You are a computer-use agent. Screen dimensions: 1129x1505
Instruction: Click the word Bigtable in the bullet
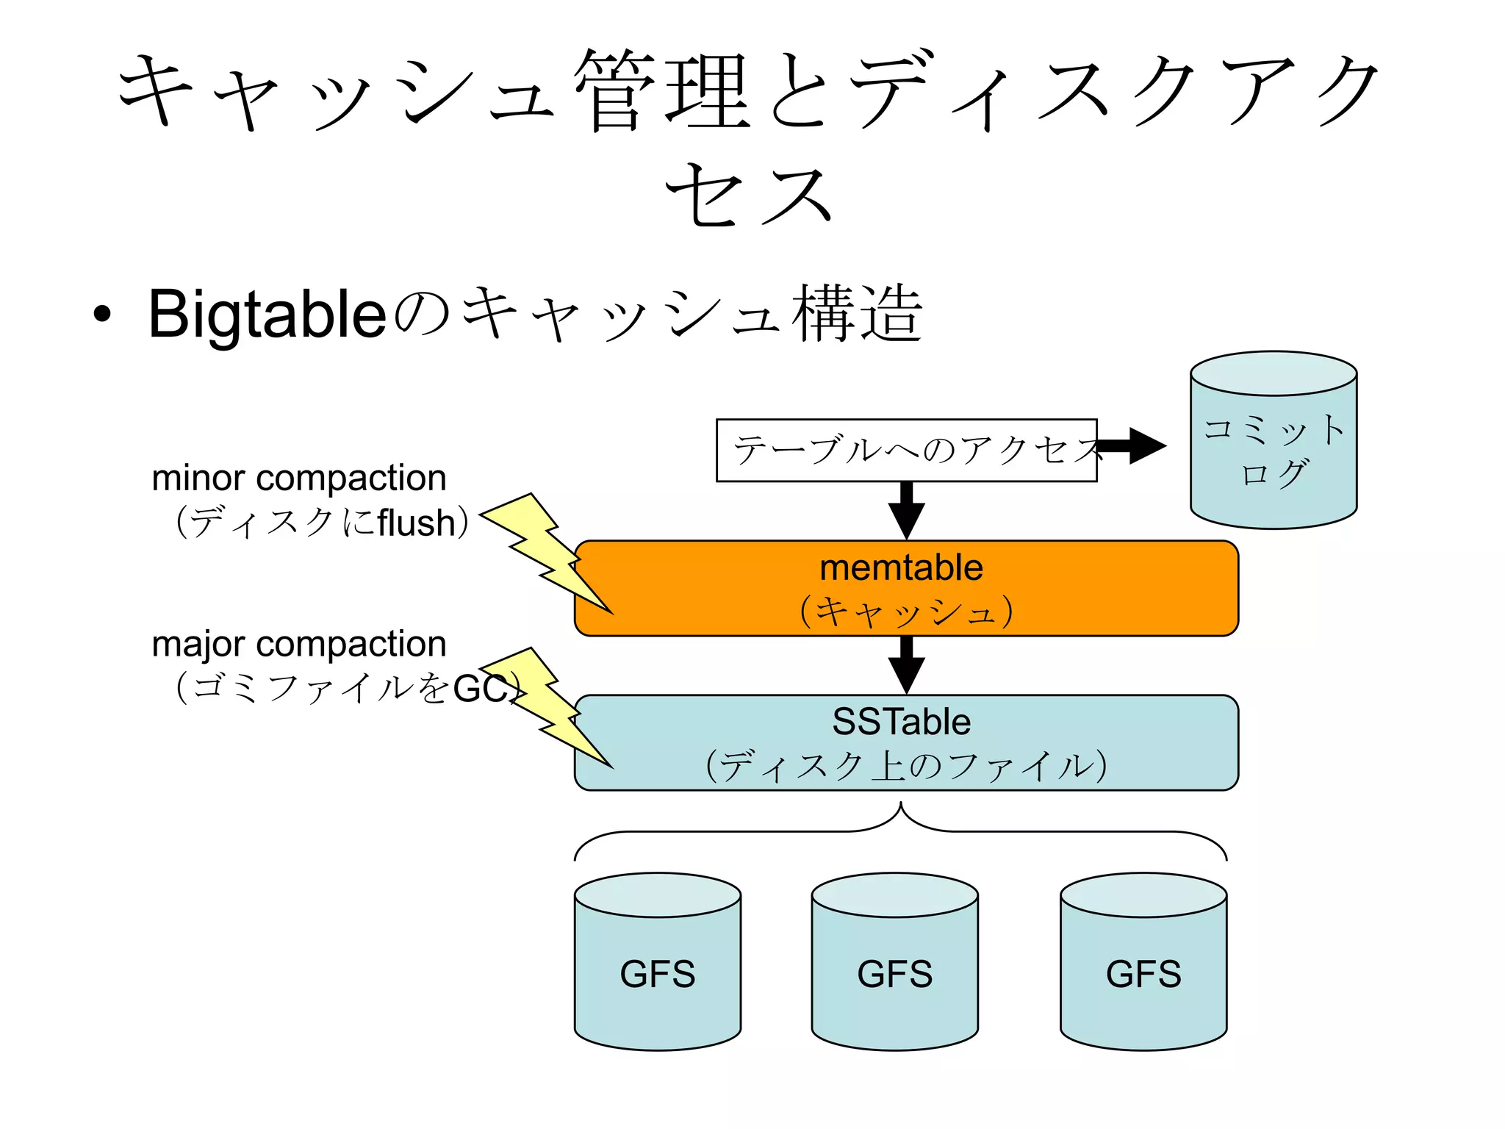pos(267,315)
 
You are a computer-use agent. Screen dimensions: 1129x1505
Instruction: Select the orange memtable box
pos(905,588)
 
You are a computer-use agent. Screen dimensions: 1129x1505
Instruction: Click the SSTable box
pos(905,742)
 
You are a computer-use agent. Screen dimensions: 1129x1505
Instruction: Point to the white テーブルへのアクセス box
pos(905,451)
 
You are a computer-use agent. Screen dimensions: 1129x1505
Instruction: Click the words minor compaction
pos(298,479)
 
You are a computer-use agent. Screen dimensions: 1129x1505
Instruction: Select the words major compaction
pos(298,644)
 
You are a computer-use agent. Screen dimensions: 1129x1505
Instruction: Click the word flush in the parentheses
pos(416,523)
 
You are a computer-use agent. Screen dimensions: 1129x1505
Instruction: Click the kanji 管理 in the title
pos(661,92)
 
